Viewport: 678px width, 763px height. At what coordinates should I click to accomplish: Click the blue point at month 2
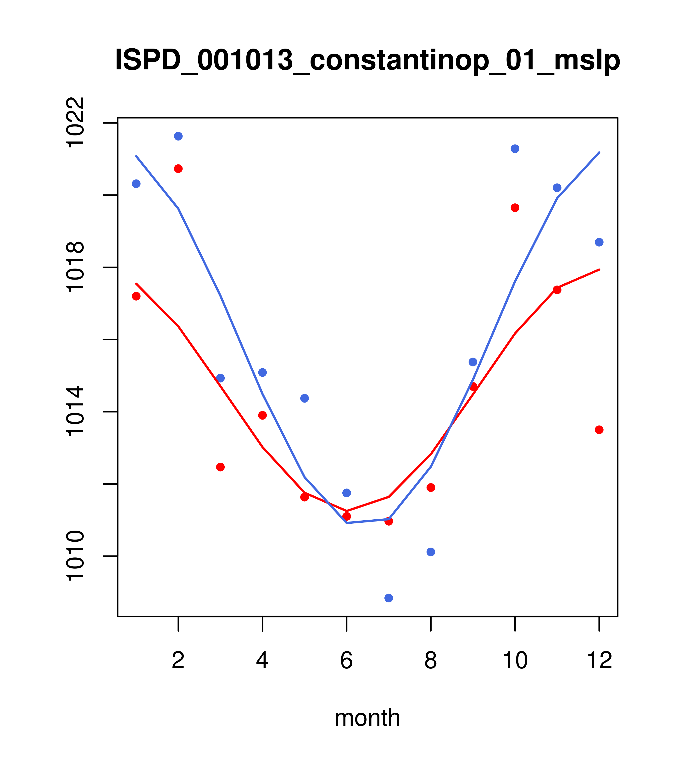[178, 136]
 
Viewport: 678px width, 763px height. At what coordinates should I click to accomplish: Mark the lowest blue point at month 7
[389, 598]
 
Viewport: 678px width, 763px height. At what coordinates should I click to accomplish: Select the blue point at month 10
[515, 149]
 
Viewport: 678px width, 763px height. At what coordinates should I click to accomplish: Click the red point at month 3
[221, 467]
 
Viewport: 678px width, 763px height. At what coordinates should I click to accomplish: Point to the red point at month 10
[515, 208]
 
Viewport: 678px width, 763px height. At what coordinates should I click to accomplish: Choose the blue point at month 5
[305, 398]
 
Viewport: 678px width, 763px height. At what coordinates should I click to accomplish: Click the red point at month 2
[178, 169]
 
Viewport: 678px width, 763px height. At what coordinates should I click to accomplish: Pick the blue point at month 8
[431, 552]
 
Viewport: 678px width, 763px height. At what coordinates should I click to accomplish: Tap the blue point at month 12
[599, 242]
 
